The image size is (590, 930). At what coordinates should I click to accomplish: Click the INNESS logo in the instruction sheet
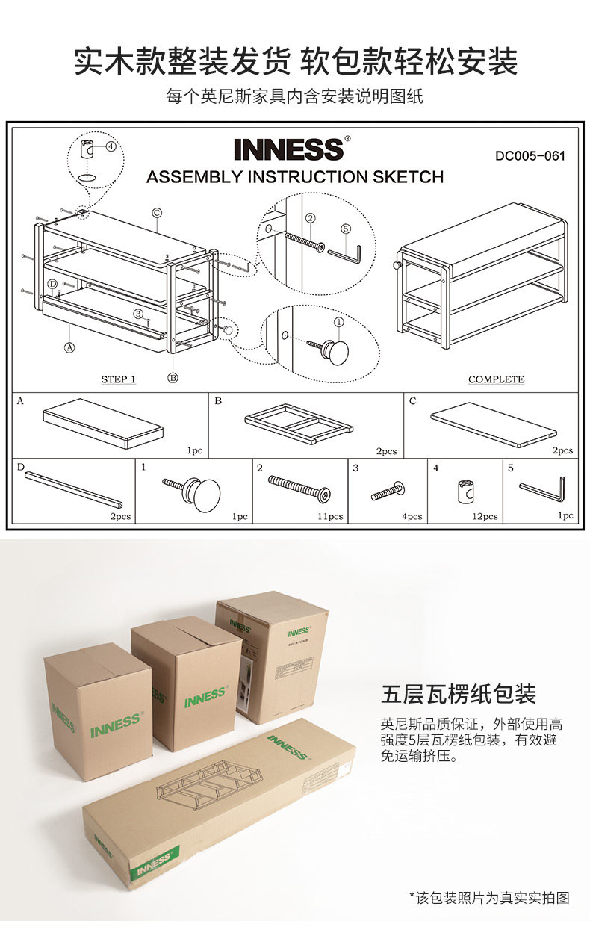[288, 149]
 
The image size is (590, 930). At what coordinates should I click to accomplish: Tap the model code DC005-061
[530, 156]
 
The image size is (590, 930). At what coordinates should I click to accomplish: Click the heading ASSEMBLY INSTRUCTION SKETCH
[295, 177]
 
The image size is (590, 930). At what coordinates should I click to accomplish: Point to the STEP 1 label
[119, 379]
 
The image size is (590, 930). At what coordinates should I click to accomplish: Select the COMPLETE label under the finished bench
[496, 379]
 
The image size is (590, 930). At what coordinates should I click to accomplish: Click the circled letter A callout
[69, 347]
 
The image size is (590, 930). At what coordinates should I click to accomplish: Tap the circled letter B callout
[173, 377]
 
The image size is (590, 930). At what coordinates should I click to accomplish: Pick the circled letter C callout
[158, 212]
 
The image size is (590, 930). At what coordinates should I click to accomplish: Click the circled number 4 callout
[111, 146]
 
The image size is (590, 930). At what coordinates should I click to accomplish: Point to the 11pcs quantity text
[330, 516]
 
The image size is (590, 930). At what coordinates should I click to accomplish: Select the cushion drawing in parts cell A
[103, 424]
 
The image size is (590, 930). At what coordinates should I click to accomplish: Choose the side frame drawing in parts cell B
[299, 422]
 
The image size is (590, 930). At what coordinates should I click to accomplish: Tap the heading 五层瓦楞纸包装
[459, 694]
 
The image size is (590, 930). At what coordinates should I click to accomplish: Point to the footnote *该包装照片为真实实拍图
[489, 897]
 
